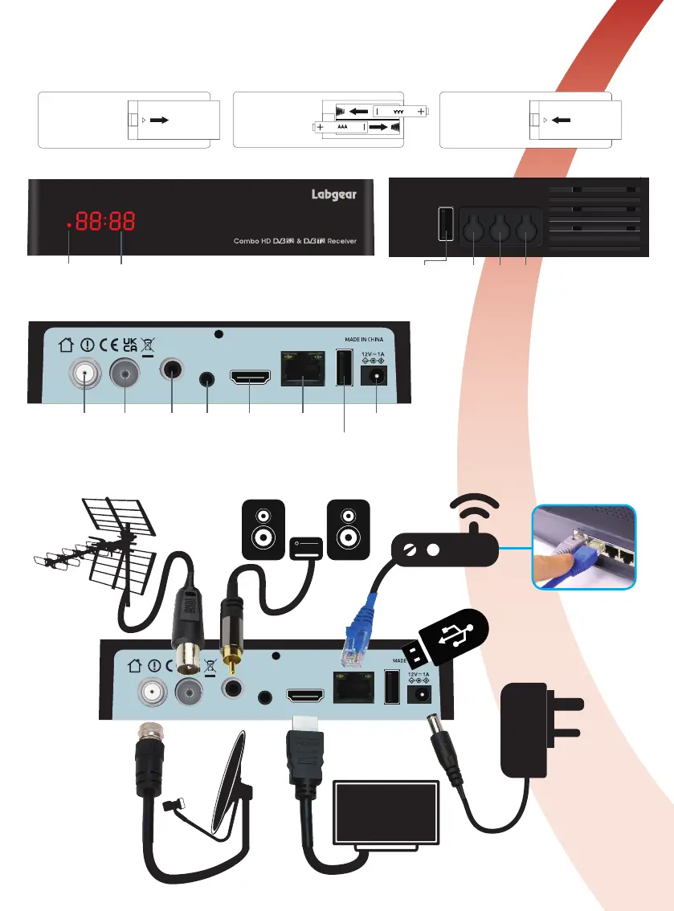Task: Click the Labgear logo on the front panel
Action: (x=333, y=195)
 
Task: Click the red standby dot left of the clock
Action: (x=69, y=226)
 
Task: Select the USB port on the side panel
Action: (x=444, y=224)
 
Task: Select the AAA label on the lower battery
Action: (x=342, y=127)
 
